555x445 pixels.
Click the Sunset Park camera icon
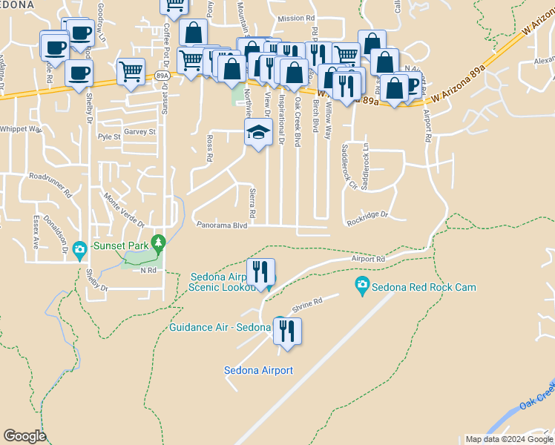tap(79, 248)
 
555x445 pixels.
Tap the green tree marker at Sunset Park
tap(157, 242)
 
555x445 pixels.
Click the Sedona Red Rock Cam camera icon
tap(362, 285)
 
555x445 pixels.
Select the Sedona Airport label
tap(258, 370)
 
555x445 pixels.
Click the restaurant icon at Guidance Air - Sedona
tap(287, 329)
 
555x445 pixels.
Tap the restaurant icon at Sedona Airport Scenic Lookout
tap(260, 271)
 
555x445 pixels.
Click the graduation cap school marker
tap(257, 132)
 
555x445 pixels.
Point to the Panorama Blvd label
tap(221, 225)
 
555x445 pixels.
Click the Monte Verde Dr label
tap(124, 209)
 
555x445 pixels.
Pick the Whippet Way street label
tap(21, 129)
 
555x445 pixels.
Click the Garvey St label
tap(139, 131)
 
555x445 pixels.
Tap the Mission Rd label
tap(296, 19)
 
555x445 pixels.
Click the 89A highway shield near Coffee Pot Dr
tap(162, 76)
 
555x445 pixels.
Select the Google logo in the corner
tap(24, 436)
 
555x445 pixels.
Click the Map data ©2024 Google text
tap(509, 439)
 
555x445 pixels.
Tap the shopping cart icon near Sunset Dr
tap(131, 72)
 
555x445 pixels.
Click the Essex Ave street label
tap(35, 232)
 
